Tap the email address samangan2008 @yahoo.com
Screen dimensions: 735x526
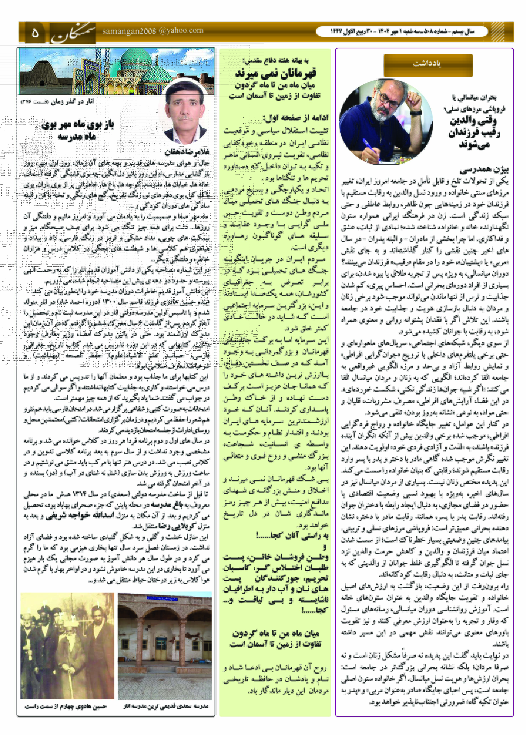coord(152,31)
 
